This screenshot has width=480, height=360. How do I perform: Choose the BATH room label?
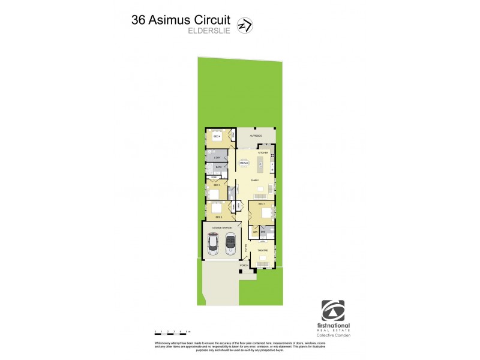pyautogui.click(x=218, y=167)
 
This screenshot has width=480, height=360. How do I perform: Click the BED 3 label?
pyautogui.click(x=216, y=185)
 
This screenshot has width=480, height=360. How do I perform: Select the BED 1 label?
pyautogui.click(x=262, y=205)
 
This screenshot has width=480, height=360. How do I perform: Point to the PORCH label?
pyautogui.click(x=244, y=265)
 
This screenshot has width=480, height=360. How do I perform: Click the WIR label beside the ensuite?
pyautogui.click(x=255, y=231)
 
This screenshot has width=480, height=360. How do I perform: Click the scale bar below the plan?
pyautogui.click(x=172, y=331)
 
